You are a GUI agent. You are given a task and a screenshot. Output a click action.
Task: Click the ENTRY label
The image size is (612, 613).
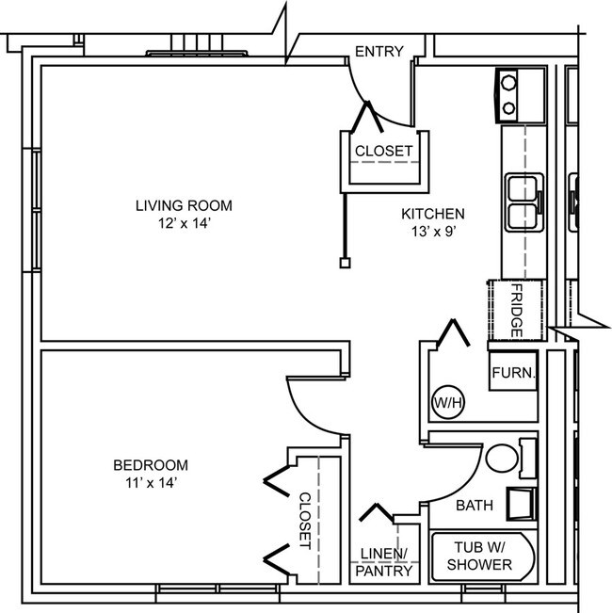click(x=379, y=52)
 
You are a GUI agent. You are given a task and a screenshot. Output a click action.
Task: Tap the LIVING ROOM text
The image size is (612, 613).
click(x=184, y=205)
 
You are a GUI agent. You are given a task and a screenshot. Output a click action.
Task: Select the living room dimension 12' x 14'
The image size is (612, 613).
click(x=185, y=223)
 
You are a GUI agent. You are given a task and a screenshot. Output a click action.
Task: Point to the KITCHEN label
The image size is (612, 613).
click(x=433, y=214)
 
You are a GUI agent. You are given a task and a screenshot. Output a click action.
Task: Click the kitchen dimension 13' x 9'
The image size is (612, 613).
click(x=434, y=232)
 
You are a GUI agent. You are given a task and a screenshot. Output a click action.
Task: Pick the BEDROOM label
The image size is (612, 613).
click(x=151, y=465)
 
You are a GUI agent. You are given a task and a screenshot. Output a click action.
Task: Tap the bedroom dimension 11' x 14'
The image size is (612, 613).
click(x=152, y=483)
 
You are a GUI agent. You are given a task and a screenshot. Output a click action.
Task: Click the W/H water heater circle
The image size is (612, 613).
click(x=448, y=402)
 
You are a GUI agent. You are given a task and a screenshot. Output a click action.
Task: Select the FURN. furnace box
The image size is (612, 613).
click(x=513, y=371)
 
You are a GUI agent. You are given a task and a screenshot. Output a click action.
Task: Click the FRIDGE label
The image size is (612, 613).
click(x=517, y=311)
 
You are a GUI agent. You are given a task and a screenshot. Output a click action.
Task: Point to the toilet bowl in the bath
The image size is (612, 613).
click(x=502, y=458)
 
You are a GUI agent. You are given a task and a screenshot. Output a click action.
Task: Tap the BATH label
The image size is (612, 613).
click(x=475, y=506)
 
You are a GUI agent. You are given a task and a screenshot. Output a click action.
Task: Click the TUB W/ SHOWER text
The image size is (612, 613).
click(x=479, y=556)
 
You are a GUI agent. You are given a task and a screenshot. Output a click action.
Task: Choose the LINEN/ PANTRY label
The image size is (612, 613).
click(x=384, y=562)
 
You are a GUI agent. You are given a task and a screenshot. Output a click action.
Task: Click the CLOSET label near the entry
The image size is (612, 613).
click(x=384, y=151)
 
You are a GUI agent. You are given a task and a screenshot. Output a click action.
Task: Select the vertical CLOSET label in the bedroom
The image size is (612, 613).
click(x=305, y=521)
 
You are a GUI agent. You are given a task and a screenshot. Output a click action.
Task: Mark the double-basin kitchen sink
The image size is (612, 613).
click(x=524, y=202)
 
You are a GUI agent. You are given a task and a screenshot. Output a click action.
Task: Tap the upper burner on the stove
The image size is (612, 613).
click(x=508, y=83)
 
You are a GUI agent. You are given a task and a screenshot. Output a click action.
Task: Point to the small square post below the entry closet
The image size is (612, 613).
click(x=345, y=263)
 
